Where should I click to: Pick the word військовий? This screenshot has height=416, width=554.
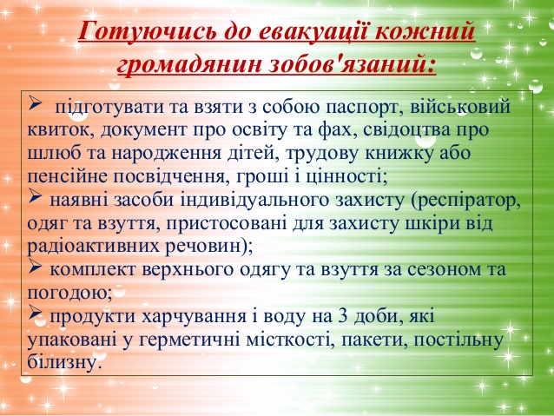[460, 106]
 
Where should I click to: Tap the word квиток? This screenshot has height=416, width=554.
[61, 129]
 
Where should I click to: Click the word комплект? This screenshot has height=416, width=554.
[93, 270]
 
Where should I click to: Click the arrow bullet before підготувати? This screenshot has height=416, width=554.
[36, 103]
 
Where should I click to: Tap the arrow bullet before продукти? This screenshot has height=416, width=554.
[36, 313]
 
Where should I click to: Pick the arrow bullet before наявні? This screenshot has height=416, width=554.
[36, 196]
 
